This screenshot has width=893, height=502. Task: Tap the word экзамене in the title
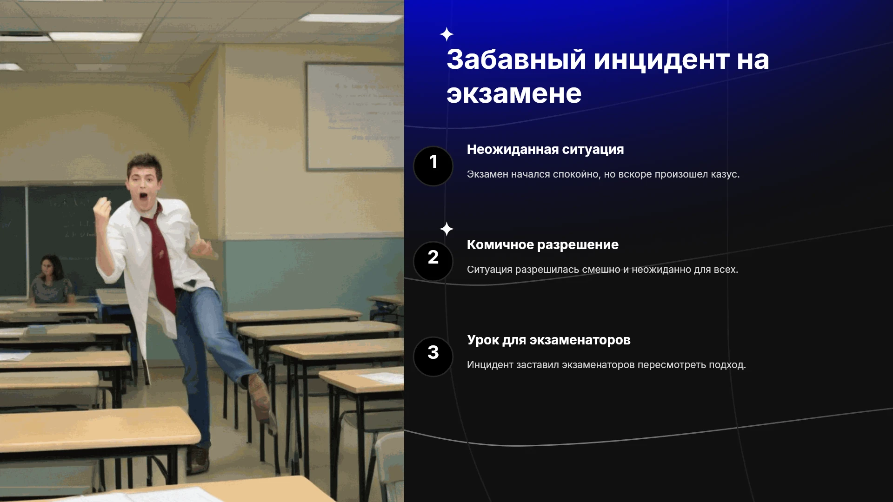tap(514, 94)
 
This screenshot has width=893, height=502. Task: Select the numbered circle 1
tap(433, 166)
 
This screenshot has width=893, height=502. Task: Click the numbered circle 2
tap(433, 261)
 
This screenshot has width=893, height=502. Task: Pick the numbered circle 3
tap(433, 357)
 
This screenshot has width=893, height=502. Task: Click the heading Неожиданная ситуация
tap(545, 150)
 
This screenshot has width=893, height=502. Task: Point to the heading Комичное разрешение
tap(542, 245)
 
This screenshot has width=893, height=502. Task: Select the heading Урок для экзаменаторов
tap(549, 340)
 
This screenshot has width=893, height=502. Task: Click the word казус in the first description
tap(724, 175)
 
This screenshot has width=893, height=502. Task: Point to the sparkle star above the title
tap(446, 34)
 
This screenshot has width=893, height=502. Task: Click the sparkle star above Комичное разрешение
tap(446, 229)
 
